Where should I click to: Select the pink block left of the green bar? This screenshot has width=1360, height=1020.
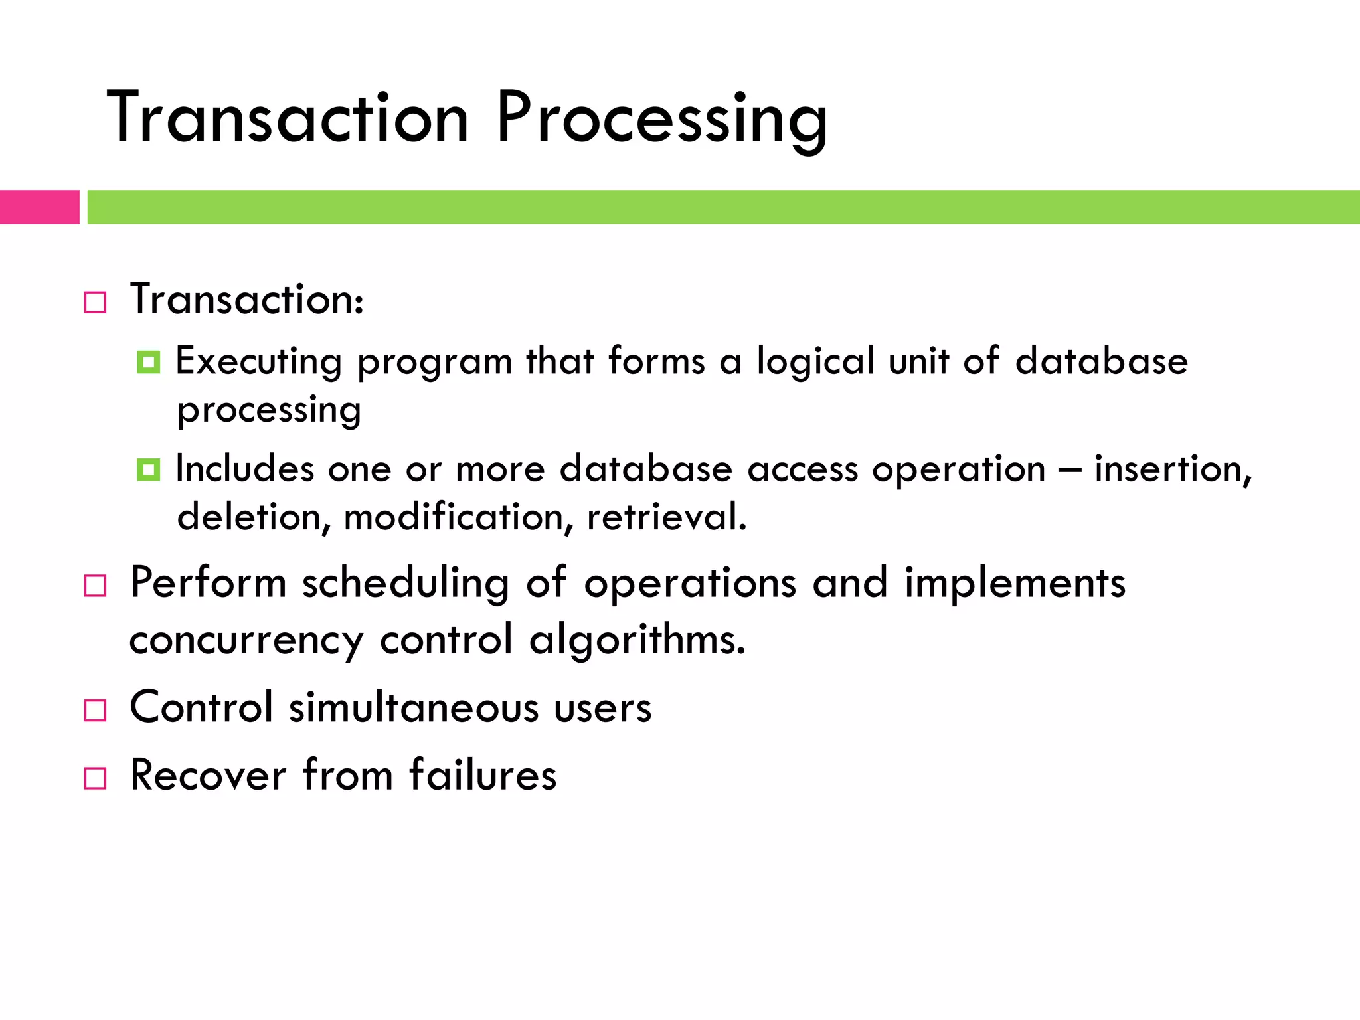click(39, 207)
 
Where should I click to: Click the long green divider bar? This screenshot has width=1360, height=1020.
click(722, 207)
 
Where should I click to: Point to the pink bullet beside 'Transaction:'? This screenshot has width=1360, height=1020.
click(95, 303)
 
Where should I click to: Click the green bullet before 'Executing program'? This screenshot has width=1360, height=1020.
click(148, 363)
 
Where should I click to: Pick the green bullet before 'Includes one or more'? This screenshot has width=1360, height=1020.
click(148, 470)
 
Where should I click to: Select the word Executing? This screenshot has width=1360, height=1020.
click(259, 363)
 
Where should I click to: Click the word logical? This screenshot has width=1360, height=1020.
click(815, 363)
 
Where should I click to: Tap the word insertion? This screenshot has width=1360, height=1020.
click(1173, 469)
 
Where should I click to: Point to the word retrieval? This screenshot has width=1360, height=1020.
click(667, 517)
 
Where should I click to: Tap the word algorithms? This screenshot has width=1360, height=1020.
click(637, 640)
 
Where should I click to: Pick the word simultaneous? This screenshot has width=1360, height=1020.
click(413, 707)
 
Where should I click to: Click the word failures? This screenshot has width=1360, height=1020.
click(483, 775)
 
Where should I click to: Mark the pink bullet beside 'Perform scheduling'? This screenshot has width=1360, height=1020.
click(95, 586)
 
